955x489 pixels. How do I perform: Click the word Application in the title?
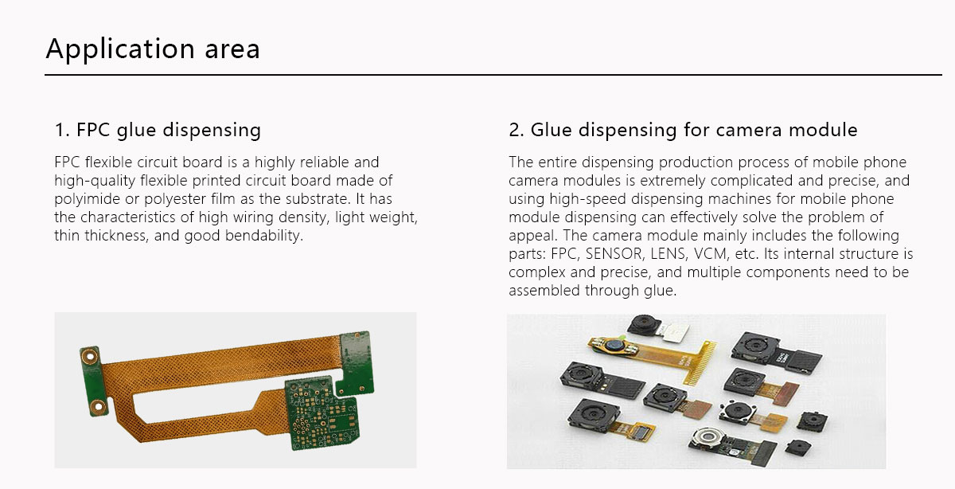(x=121, y=49)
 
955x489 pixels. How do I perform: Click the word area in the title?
(x=232, y=50)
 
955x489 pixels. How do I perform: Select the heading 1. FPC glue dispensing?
(x=158, y=130)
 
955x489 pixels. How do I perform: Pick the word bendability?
(x=264, y=236)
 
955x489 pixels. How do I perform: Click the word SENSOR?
(x=614, y=254)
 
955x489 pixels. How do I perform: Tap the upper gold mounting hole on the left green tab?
(x=89, y=356)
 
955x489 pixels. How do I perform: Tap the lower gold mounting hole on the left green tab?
(x=98, y=406)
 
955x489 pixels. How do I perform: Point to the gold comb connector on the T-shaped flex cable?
(x=701, y=361)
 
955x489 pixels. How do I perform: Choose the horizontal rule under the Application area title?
(x=493, y=75)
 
